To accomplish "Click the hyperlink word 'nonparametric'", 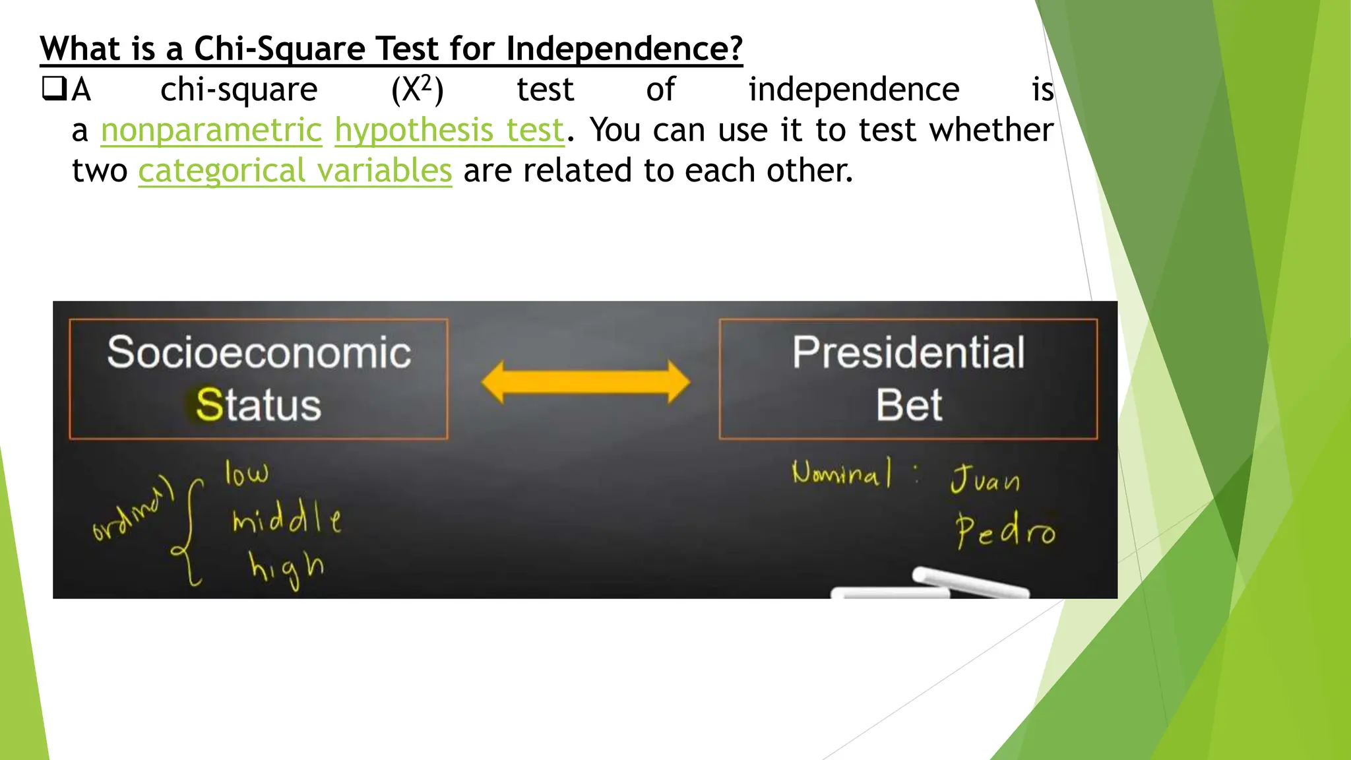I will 211,130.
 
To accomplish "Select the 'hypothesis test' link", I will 449,130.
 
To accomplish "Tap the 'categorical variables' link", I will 295,171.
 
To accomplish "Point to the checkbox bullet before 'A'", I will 52,88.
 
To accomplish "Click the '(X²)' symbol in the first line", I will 417,90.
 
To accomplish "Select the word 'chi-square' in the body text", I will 239,90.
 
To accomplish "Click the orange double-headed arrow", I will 585,382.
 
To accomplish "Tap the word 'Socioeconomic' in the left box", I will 259,352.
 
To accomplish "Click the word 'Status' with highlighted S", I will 259,404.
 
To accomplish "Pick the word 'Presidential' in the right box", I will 908,352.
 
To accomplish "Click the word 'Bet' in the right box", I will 908,404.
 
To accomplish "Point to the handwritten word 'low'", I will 247,473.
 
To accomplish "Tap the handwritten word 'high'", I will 286,568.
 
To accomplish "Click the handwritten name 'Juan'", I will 985,479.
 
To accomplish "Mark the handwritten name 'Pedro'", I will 1005,530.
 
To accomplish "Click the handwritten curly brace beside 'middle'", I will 191,532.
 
